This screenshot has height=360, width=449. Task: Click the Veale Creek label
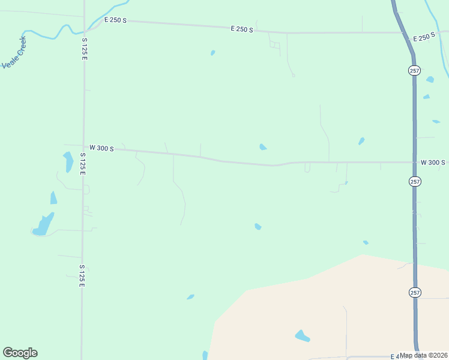point(14,53)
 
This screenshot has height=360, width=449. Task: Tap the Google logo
point(20,353)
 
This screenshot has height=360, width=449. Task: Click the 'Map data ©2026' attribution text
point(424,355)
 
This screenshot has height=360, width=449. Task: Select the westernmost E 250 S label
point(115,20)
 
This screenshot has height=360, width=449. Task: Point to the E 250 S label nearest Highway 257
point(424,37)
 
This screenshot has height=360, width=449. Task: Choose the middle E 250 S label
point(242,29)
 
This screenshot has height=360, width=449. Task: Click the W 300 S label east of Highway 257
point(433,163)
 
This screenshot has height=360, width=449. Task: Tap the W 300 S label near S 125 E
point(101,148)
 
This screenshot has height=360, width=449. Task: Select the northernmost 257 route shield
point(414,70)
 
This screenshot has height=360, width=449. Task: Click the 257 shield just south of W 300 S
point(414,181)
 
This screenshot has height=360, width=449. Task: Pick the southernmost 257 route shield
point(414,292)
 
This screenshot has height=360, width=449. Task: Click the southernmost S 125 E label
point(82,275)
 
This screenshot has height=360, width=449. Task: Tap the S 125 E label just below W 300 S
point(83,164)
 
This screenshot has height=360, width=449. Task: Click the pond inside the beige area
point(302,336)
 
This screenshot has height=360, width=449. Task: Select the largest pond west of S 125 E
point(43,225)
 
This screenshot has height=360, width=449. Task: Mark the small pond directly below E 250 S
point(212,53)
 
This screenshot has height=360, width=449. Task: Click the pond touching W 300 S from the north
point(263,147)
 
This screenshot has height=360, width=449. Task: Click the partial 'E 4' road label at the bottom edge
point(394,356)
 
